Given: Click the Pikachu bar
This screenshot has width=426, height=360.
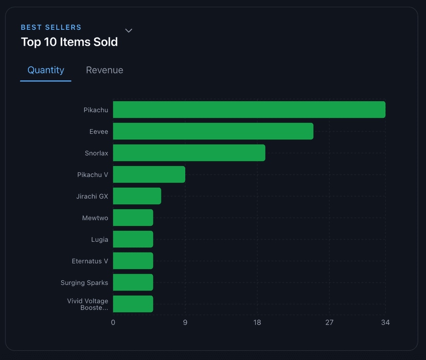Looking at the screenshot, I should pos(249,110).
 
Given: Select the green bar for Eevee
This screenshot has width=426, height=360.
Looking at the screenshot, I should pos(213,131).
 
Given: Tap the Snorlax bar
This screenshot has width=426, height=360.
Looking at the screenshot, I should pos(189,153).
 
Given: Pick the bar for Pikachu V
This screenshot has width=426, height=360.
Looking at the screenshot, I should pos(149,174).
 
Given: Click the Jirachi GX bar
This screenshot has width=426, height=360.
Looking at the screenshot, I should pos(137,196).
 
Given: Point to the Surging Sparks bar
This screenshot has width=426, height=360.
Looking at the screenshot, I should pos(133,282).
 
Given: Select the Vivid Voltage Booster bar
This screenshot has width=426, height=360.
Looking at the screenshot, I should pos(133,304).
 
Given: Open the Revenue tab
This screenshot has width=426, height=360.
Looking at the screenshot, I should pos(104,70).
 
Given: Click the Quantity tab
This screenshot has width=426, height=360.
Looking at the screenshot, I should pos(46,70).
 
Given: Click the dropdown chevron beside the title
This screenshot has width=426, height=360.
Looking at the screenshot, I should pos(129,31).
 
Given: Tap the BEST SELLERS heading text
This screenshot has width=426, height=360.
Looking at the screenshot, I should pos(51,27).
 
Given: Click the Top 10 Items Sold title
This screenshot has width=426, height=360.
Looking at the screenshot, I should pos(69,42).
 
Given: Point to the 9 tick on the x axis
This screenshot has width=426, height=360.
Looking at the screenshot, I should pos(185,322).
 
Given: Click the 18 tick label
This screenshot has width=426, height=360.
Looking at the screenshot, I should pos(257,322).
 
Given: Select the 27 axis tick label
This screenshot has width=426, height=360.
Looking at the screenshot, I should pos(329,322).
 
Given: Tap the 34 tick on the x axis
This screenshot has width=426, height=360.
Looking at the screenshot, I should pos(385,322).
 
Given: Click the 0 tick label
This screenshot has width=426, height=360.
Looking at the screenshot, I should pos(113,322).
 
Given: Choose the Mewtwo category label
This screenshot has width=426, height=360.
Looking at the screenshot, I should pos(95,218).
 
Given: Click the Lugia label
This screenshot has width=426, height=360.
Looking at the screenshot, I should pos(99,240).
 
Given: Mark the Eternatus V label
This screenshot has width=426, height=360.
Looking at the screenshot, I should pos(90,261).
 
